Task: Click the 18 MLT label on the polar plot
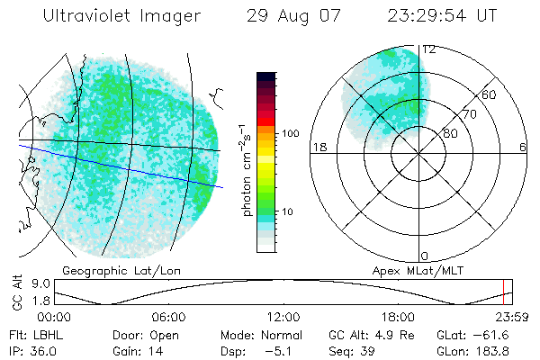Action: tap(318, 147)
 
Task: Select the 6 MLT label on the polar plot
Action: tap(524, 147)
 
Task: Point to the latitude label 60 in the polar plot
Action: tap(490, 94)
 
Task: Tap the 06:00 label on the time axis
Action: tap(168, 317)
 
